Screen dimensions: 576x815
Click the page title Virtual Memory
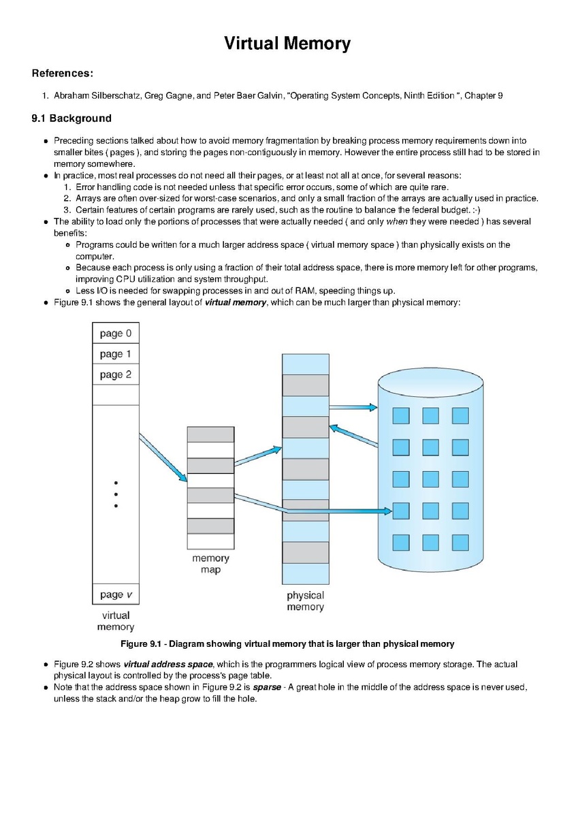click(287, 44)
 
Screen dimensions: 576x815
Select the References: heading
click(63, 74)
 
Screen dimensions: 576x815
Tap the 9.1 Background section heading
click(71, 118)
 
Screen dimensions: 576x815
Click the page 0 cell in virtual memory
click(116, 333)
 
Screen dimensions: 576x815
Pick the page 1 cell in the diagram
click(116, 354)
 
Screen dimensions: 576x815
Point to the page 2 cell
click(116, 374)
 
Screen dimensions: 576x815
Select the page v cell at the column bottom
click(116, 594)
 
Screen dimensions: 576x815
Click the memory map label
click(210, 564)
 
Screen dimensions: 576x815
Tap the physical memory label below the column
click(305, 601)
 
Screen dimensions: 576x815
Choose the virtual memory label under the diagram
click(116, 621)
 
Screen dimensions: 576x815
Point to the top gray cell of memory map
click(210, 434)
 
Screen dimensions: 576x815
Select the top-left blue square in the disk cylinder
click(401, 416)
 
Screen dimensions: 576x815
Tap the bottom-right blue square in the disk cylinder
click(460, 542)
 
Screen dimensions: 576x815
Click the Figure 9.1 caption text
click(287, 644)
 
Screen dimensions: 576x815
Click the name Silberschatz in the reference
click(116, 95)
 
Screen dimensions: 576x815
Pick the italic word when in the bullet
click(397, 221)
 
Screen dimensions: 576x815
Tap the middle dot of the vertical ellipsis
click(116, 494)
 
